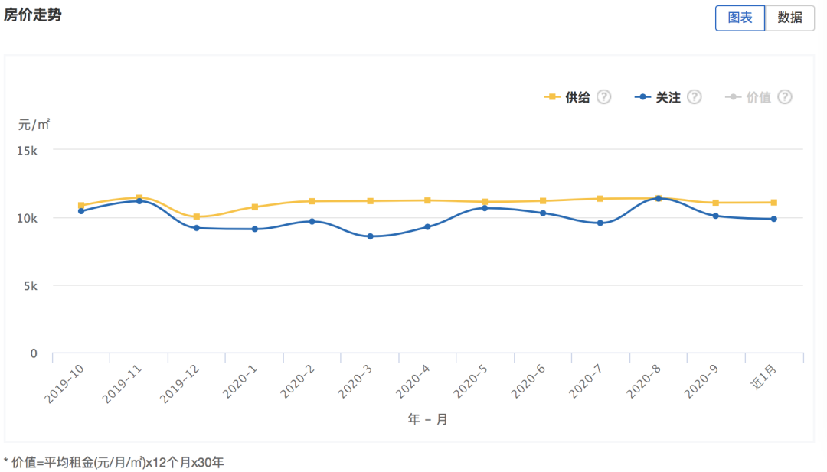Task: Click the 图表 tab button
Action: click(740, 18)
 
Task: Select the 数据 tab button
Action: click(789, 18)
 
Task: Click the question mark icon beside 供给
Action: click(603, 97)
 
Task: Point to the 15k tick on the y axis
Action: click(28, 151)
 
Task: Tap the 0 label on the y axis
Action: click(34, 353)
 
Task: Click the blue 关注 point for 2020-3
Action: click(370, 236)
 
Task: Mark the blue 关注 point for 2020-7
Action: click(600, 223)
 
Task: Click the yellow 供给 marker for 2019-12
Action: click(197, 217)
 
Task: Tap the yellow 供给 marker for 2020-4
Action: click(427, 200)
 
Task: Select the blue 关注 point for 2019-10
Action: click(81, 211)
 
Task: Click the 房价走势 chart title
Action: click(32, 15)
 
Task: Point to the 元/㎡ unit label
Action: click(34, 125)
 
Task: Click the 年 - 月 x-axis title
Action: click(427, 420)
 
